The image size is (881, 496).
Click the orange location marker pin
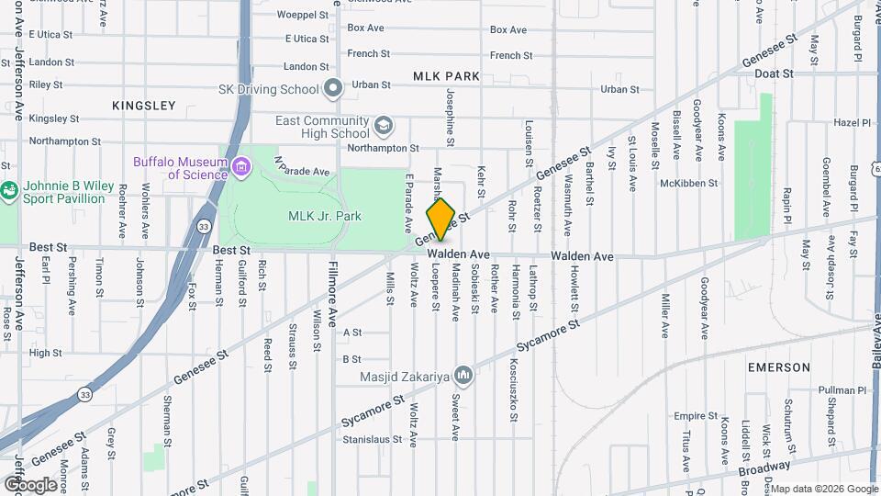[440, 220]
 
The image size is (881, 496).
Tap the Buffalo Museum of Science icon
[242, 167]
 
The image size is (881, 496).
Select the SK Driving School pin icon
[333, 89]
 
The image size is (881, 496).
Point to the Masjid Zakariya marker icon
[463, 375]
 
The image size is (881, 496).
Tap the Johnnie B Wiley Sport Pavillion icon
[9, 191]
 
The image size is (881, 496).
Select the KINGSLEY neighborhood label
[143, 106]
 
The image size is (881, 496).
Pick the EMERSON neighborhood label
[778, 367]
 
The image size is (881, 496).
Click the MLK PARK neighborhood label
[446, 76]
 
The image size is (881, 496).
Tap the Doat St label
[775, 73]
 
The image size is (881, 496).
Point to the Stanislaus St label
[372, 439]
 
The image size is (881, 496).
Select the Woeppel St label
[302, 15]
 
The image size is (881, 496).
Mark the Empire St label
[696, 415]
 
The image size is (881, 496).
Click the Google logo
[30, 485]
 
